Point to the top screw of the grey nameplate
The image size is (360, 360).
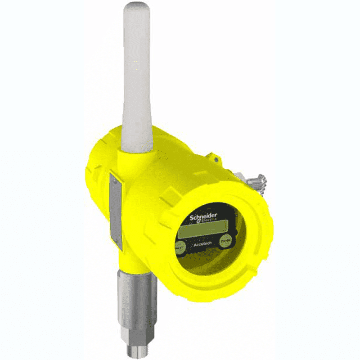[115, 179]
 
